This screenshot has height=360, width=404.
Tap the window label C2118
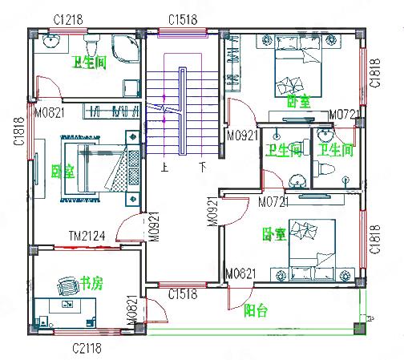point(88,348)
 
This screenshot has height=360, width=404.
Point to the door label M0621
point(240,274)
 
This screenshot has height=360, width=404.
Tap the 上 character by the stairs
point(164,168)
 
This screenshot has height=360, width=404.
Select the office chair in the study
point(66,285)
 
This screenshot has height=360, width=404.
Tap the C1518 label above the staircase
point(183,18)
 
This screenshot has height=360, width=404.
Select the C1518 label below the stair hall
point(183,295)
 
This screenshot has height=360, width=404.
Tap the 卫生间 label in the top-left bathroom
point(89,62)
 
